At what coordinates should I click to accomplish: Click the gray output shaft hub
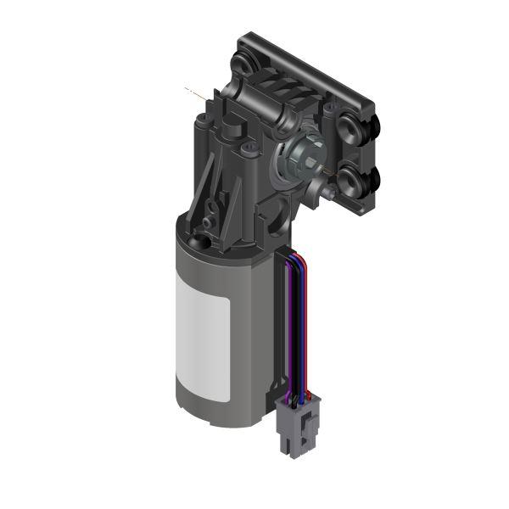302,154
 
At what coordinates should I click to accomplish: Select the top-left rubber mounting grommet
245,64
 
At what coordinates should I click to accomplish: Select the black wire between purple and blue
294,322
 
